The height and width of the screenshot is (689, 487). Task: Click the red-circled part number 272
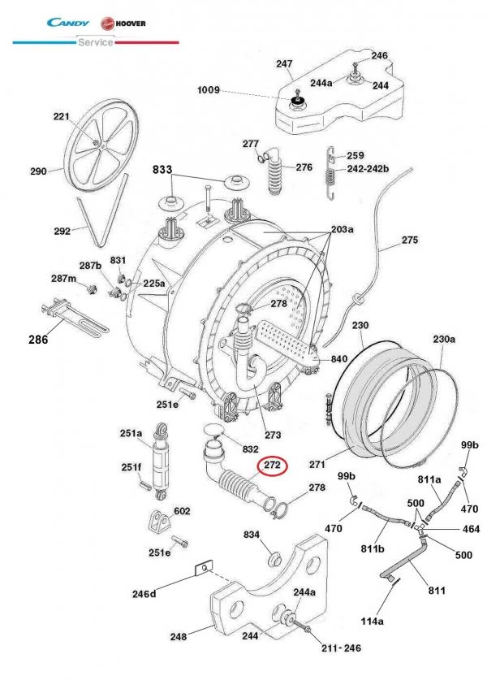click(270, 466)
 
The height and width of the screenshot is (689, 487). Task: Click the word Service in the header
click(95, 42)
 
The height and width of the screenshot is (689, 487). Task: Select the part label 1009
click(208, 90)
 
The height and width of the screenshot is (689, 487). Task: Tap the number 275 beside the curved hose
click(409, 240)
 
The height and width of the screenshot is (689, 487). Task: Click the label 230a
click(443, 339)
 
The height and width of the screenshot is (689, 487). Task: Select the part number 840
click(338, 358)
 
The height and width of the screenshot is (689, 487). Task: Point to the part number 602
click(182, 511)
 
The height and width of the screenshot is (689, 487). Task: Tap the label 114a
click(371, 622)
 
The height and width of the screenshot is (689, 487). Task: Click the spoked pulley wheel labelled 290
click(98, 147)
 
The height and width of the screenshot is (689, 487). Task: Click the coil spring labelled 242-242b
click(330, 174)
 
